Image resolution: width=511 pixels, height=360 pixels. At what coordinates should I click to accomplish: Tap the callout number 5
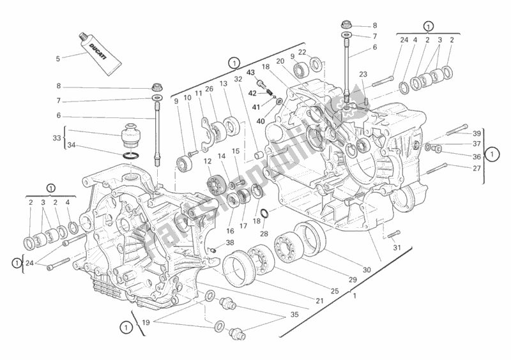(x=58, y=59)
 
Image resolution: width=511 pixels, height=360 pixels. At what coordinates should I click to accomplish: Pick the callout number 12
(x=208, y=161)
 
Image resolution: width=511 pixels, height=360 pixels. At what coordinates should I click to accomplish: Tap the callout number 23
(x=363, y=73)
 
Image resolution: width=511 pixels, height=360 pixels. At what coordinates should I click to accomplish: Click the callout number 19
(x=146, y=322)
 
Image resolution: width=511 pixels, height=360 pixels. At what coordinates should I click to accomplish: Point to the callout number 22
(x=302, y=52)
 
